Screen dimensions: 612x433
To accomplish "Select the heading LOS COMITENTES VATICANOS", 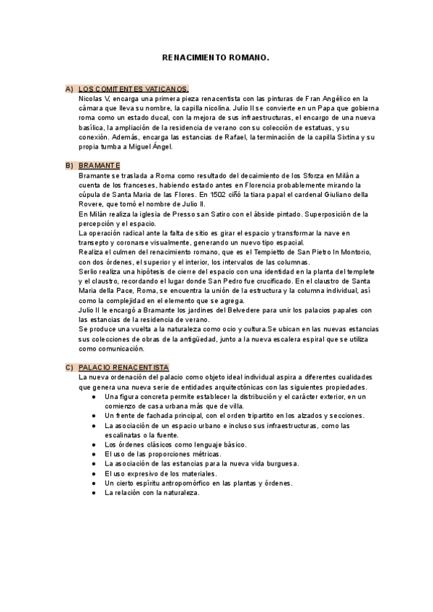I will pyautogui.click(x=134, y=89).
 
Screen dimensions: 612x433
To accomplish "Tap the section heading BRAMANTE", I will pyautogui.click(x=100, y=165).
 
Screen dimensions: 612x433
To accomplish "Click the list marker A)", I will pyautogui.click(x=69, y=89).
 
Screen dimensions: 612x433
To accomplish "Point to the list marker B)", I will pyautogui.click(x=69, y=165).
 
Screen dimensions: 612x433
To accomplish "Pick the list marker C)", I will pyautogui.click(x=69, y=367).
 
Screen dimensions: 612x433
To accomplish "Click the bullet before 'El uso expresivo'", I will pyautogui.click(x=94, y=473).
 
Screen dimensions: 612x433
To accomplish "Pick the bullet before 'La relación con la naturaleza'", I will pyautogui.click(x=94, y=492).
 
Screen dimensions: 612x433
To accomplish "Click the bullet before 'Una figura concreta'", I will pyautogui.click(x=94, y=396).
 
